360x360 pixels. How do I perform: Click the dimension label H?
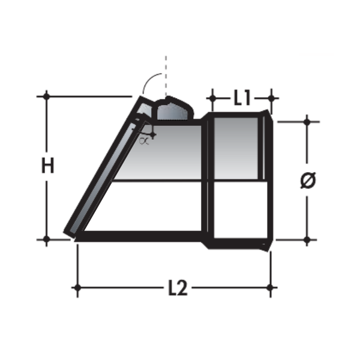point(47,166)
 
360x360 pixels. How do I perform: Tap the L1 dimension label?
point(241,98)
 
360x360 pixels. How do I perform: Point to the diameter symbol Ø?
point(307,180)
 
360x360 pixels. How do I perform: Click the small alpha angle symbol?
point(143,141)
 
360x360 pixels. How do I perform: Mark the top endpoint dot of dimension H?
point(46,95)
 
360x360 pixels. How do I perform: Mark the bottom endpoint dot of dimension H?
point(46,239)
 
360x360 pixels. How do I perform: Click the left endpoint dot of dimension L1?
point(211,96)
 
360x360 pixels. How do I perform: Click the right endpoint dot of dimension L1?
point(271,96)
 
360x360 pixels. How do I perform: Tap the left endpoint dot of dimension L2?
point(76,288)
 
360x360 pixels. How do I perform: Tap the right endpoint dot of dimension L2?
point(271,288)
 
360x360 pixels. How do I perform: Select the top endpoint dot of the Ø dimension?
point(307,121)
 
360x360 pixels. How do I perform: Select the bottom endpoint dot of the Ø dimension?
point(307,239)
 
